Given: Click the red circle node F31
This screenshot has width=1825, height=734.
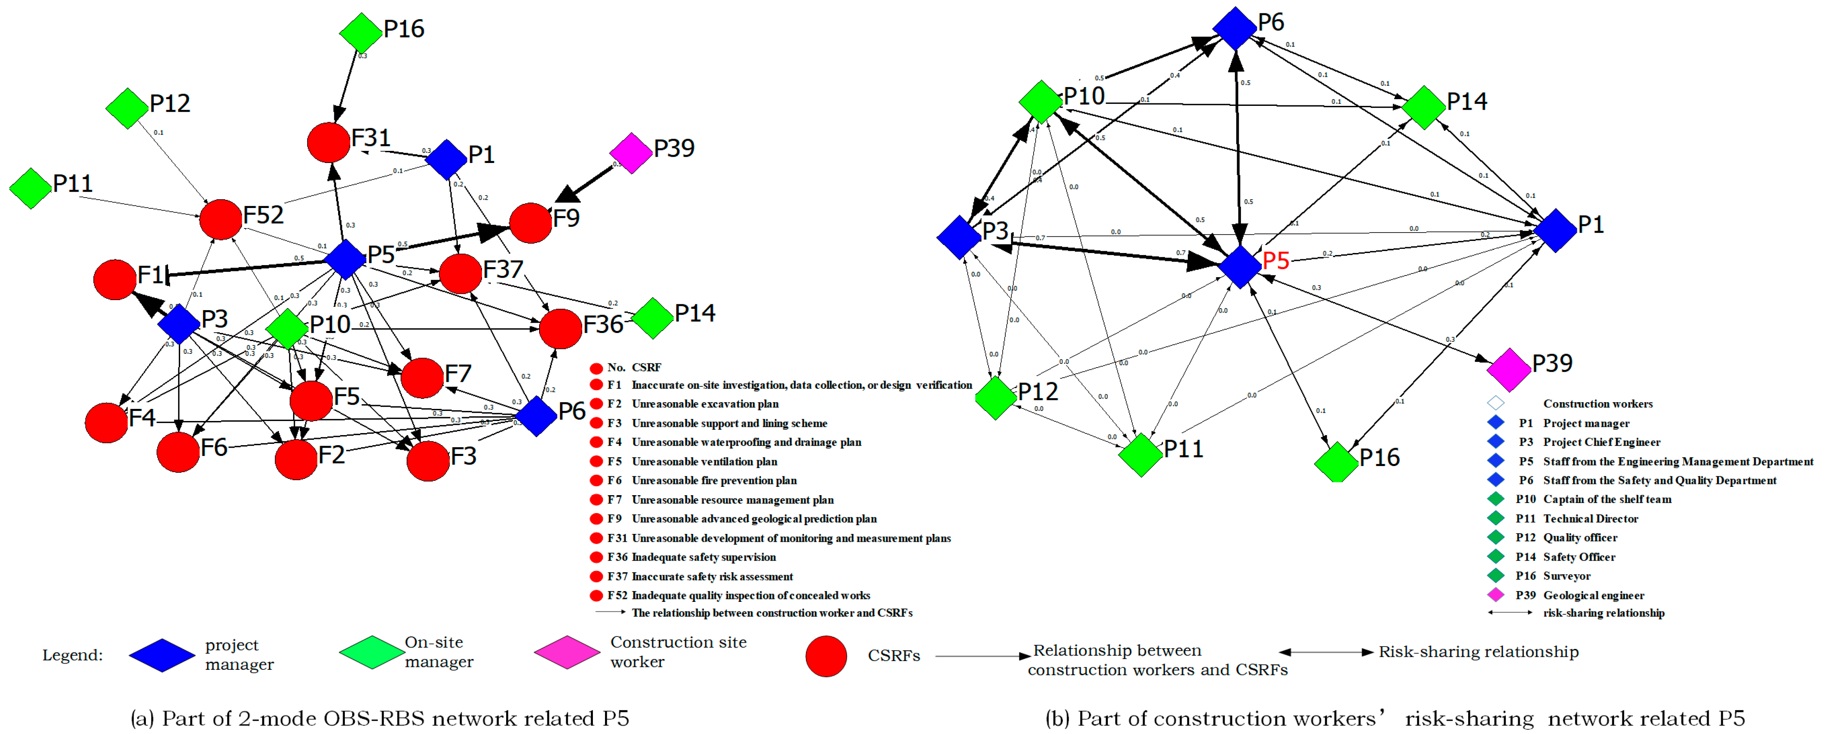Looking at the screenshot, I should click(x=328, y=143).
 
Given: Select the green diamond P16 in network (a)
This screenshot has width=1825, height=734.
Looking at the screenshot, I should click(x=361, y=33).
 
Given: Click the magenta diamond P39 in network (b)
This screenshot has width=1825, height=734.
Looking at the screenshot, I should click(x=1508, y=369).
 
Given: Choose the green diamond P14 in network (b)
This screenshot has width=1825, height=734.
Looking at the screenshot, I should click(x=1423, y=108).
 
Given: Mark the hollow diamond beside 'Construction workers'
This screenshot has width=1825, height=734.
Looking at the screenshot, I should click(x=1496, y=403).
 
